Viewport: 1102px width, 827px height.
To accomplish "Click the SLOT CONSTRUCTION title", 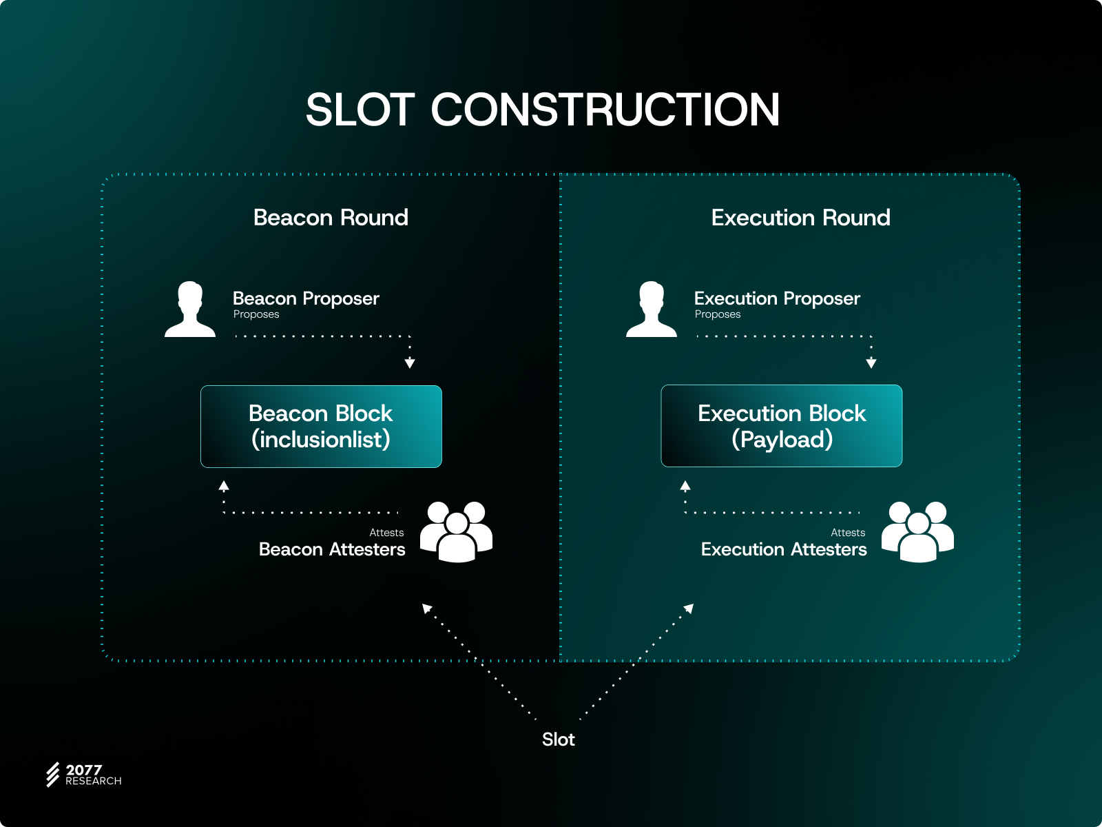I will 543,110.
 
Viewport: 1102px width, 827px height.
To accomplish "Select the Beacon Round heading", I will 331,218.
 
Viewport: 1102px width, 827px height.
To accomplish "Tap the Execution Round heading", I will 800,218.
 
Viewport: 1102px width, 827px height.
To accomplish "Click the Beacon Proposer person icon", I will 190,309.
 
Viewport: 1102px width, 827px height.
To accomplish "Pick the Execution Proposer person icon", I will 652,309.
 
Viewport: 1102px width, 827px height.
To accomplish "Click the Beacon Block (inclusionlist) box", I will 321,427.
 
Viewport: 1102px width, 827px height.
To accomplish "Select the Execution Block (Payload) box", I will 782,426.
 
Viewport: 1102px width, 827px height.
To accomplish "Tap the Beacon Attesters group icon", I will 456,531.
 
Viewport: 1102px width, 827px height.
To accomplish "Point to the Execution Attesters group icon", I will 917,531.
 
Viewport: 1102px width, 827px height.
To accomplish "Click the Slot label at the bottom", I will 558,739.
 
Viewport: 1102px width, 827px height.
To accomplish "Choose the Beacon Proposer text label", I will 306,298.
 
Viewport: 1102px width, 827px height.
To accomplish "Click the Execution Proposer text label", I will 777,298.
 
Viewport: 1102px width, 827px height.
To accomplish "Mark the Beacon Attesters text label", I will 332,549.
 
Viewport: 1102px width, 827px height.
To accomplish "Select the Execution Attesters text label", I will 784,549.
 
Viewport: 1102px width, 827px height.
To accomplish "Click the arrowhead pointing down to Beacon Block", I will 410,363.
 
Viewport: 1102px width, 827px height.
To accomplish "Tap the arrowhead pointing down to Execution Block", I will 871,363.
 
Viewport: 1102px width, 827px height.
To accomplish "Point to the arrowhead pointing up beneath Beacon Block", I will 224,486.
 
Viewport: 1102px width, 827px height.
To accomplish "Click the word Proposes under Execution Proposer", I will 718,314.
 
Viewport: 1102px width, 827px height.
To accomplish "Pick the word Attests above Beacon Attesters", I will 386,533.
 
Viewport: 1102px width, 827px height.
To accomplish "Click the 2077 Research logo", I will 83,775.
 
